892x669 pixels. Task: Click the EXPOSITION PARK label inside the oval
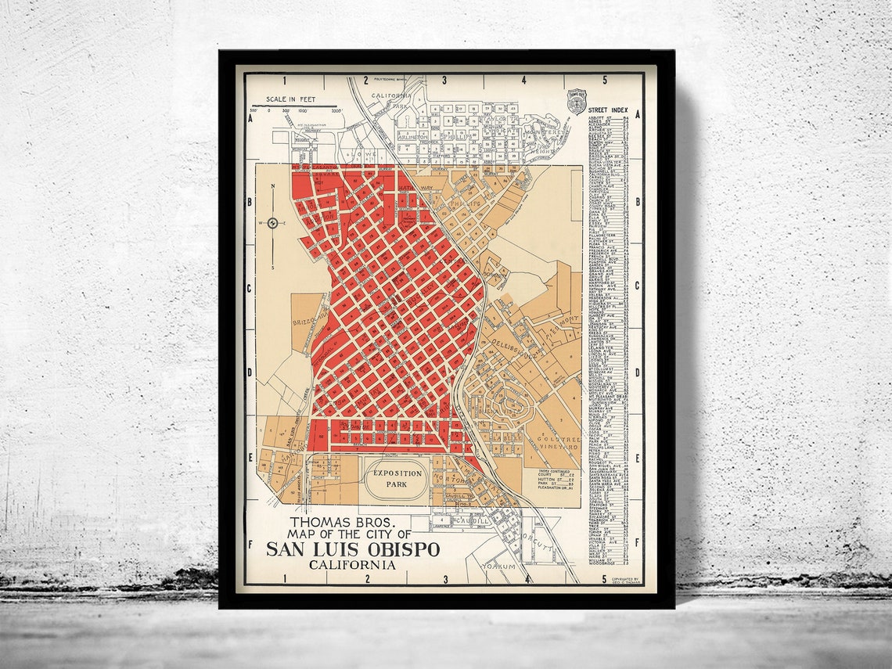click(x=397, y=479)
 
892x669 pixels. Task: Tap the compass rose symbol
click(x=272, y=223)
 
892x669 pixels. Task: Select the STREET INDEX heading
click(x=609, y=110)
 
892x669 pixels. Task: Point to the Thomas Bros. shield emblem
click(x=577, y=101)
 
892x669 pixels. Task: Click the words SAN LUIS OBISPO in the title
click(x=353, y=549)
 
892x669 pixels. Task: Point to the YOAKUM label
click(x=498, y=565)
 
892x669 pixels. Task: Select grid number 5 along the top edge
click(x=605, y=80)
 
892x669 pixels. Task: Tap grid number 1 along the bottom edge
click(x=286, y=580)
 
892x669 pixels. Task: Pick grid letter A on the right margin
click(x=638, y=114)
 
